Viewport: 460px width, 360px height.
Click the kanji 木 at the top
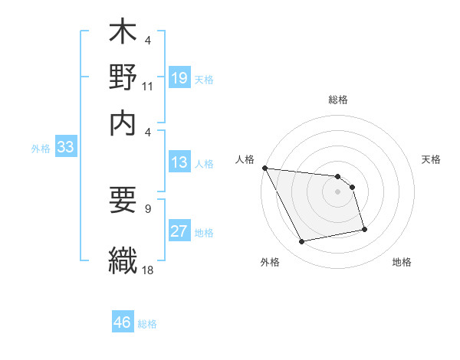(123, 34)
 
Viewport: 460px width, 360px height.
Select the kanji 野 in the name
(123, 78)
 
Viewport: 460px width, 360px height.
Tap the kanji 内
(123, 123)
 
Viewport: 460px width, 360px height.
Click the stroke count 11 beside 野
(148, 87)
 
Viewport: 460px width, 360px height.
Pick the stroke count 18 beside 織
(148, 269)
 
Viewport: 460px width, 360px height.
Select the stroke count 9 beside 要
(148, 208)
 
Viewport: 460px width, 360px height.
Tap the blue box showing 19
(179, 77)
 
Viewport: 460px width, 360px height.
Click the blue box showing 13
(179, 162)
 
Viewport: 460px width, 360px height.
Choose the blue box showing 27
(179, 232)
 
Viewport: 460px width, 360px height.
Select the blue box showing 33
(64, 148)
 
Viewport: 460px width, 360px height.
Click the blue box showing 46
(123, 322)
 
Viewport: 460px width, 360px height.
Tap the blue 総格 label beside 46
(147, 324)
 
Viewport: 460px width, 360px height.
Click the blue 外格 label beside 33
(40, 149)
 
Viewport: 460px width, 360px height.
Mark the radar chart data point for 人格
(264, 168)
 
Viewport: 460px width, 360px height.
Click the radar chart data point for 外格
(302, 243)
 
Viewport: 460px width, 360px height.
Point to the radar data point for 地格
(364, 228)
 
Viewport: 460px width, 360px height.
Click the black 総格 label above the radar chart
(337, 100)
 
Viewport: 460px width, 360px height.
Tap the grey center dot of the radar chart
(337, 191)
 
